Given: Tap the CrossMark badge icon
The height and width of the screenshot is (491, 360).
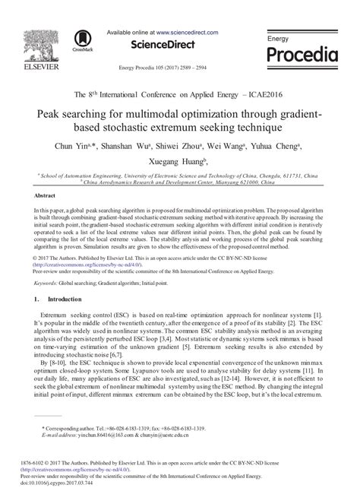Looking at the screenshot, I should point(81,40).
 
